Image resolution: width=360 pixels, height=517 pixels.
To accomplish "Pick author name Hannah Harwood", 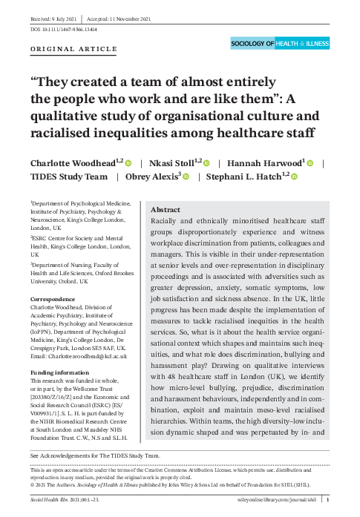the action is [x=264, y=162].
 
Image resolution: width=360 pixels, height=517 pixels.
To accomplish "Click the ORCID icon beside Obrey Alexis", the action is [x=186, y=177].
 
